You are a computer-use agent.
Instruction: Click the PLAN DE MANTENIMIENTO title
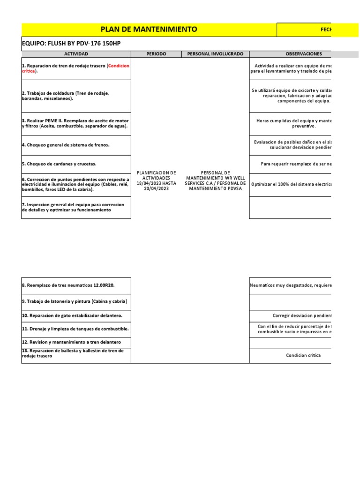click(x=149, y=30)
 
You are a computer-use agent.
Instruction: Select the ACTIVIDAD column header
click(x=76, y=54)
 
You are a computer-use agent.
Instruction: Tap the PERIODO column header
click(x=156, y=54)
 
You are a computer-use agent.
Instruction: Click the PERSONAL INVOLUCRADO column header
click(x=215, y=54)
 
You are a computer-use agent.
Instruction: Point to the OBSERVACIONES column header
click(x=303, y=54)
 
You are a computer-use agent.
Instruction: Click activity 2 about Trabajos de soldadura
click(x=66, y=96)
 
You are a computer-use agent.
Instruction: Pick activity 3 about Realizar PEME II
click(x=75, y=123)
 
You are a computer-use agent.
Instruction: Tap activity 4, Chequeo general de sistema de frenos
click(x=66, y=145)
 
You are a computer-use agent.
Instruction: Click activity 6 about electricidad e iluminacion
click(x=75, y=184)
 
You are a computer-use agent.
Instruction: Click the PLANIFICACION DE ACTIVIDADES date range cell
click(x=156, y=180)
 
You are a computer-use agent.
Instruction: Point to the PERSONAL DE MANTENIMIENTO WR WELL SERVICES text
click(x=216, y=180)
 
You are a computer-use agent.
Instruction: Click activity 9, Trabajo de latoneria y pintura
click(x=75, y=301)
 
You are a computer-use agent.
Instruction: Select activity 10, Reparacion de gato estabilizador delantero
click(x=72, y=315)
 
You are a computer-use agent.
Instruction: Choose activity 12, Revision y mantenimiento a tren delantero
click(x=71, y=342)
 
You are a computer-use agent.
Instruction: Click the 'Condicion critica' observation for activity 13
click(x=303, y=355)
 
